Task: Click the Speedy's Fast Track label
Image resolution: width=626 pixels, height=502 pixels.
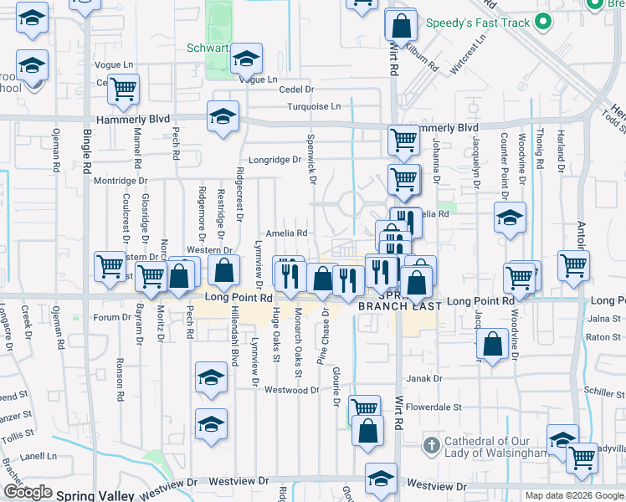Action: pyautogui.click(x=478, y=23)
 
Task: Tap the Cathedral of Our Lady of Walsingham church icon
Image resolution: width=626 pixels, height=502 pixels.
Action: pyautogui.click(x=432, y=443)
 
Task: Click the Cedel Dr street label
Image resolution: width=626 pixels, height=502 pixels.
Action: pyautogui.click(x=296, y=89)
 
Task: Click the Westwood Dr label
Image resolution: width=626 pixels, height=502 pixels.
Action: pyautogui.click(x=292, y=390)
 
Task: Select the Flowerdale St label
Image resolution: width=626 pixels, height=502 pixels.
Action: pyautogui.click(x=434, y=407)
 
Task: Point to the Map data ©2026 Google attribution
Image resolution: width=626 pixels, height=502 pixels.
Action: pyautogui.click(x=574, y=495)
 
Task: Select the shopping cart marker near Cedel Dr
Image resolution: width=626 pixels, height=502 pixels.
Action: pyautogui.click(x=123, y=89)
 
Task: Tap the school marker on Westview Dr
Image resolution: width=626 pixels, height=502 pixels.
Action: pyautogui.click(x=381, y=479)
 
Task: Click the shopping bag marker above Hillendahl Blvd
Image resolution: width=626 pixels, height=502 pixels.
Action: pyautogui.click(x=223, y=270)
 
